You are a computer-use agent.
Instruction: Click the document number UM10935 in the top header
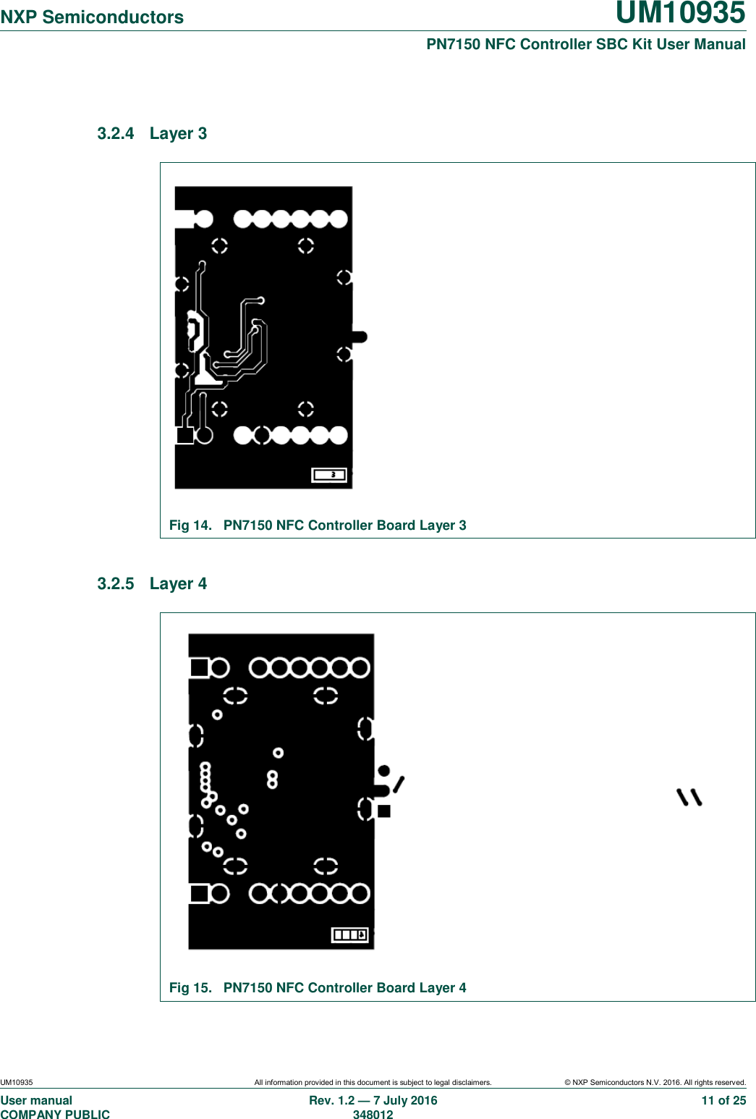point(680,13)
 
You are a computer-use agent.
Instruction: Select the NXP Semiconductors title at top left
point(92,17)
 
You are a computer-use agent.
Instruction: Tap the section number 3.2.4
point(116,133)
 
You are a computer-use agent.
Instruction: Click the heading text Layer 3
point(178,133)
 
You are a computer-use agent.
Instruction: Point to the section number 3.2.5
point(116,583)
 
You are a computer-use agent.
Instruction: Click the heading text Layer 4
point(178,583)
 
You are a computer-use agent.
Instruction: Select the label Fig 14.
point(190,525)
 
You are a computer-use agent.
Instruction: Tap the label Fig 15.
point(190,988)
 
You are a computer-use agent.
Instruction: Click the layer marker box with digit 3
point(330,475)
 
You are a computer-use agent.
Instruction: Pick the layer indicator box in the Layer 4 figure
point(350,934)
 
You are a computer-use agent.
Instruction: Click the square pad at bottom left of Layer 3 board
point(185,435)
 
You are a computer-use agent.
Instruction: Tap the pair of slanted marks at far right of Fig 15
point(689,797)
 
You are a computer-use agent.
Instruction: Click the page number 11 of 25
point(723,1100)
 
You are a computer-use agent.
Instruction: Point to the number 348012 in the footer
point(373,1115)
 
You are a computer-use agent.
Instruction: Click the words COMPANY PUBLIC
point(55,1115)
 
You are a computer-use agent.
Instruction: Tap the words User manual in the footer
point(36,1100)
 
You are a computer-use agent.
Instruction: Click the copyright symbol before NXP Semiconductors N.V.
point(568,1083)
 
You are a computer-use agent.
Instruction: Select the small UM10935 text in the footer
point(17,1083)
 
